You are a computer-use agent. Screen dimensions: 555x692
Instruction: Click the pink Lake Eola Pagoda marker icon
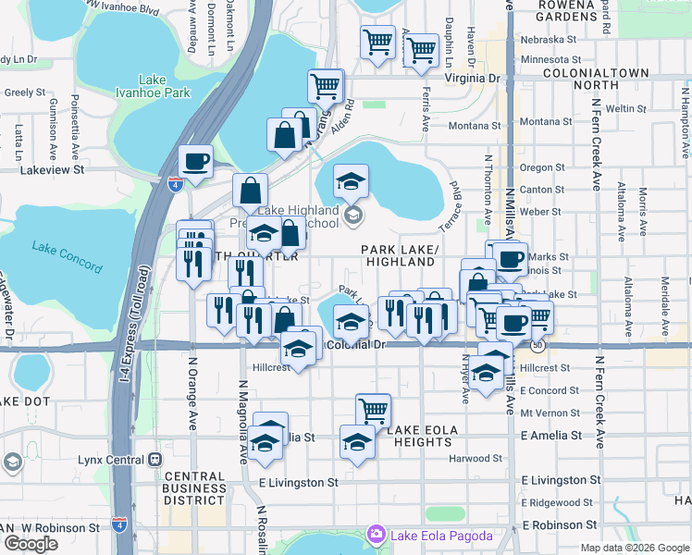point(376,533)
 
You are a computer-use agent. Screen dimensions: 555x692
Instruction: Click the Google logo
point(31,544)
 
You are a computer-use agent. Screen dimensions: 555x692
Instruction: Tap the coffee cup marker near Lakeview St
point(195,161)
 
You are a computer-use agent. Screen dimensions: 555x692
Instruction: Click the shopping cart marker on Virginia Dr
point(326,86)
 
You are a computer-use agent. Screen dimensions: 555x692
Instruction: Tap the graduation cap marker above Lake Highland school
point(351,180)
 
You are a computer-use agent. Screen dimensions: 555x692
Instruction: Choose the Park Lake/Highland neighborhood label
point(399,255)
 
